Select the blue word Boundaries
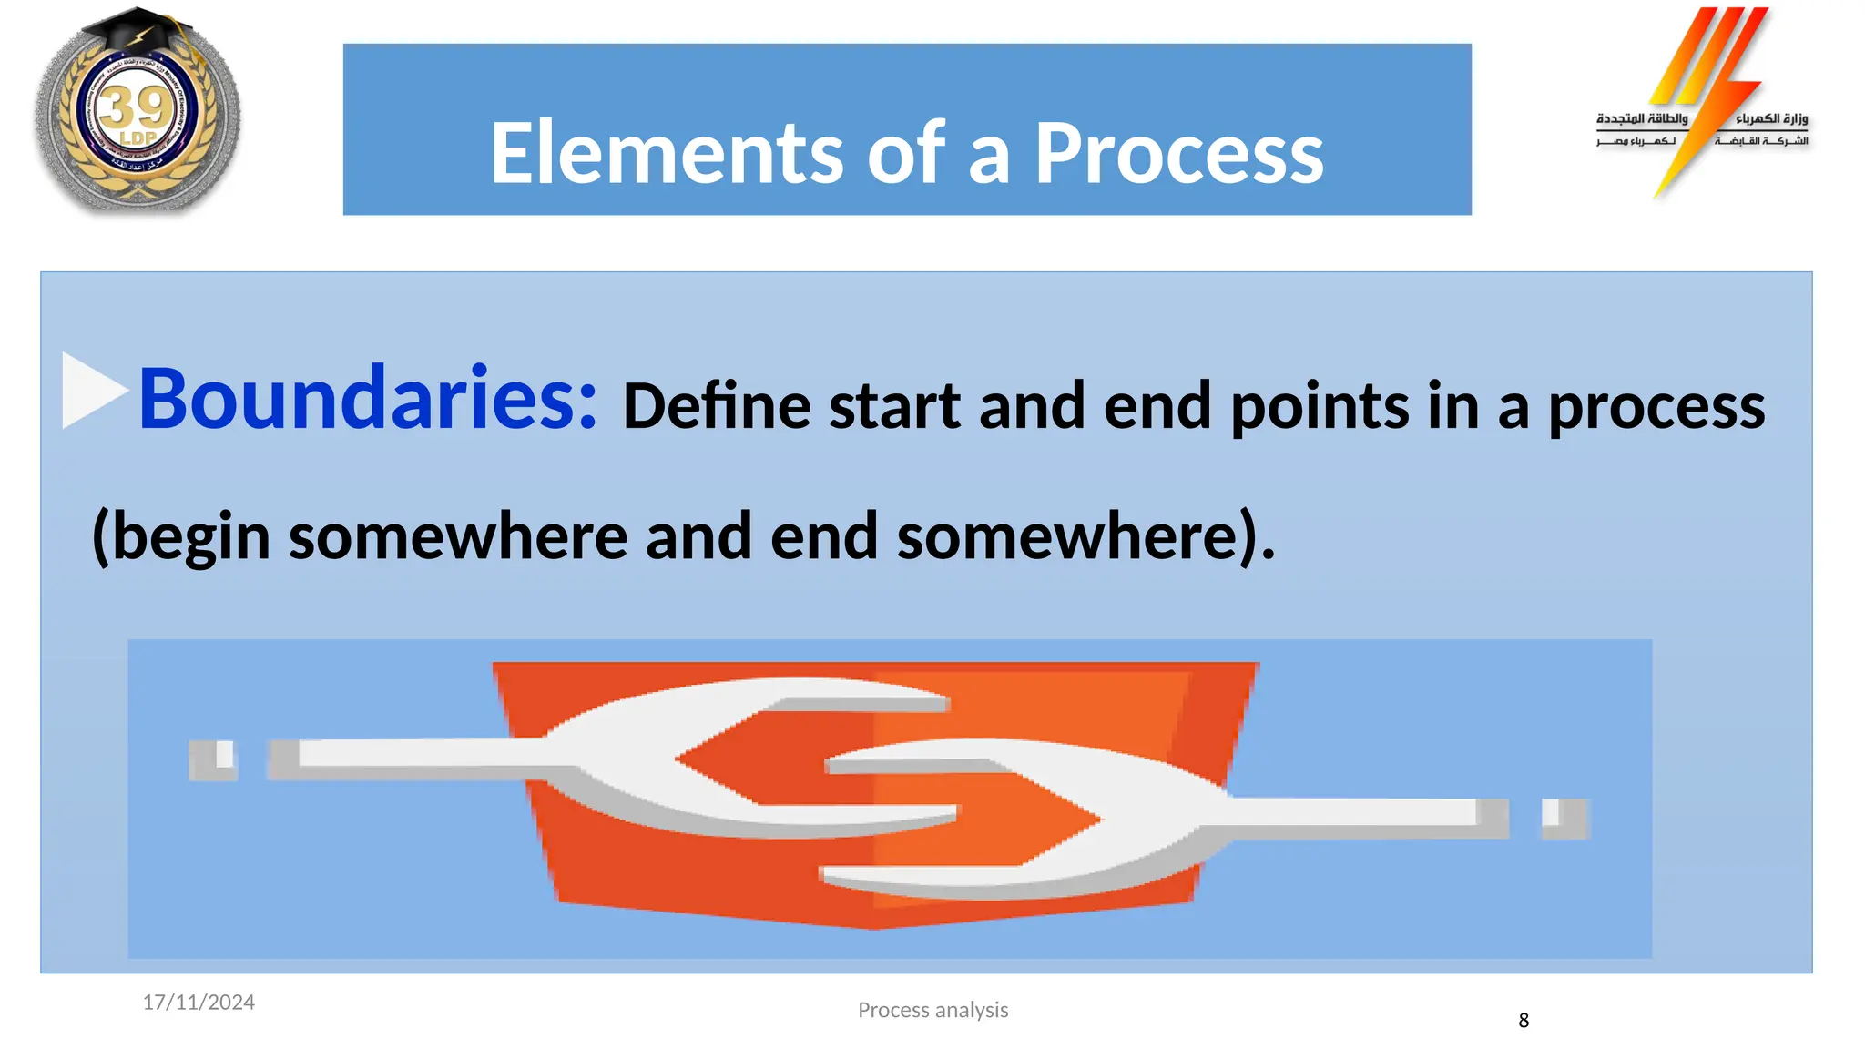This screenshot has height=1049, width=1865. pos(367,398)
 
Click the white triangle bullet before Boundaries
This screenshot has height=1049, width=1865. pos(91,390)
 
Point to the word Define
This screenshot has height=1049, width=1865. pos(716,406)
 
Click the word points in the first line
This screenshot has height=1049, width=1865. pos(1320,406)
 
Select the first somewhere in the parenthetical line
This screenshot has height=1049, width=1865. pos(458,537)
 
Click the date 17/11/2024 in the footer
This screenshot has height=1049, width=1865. pos(199,1002)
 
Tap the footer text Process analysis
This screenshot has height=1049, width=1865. pos(932,1010)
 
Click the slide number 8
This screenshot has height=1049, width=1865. pos(1524,1021)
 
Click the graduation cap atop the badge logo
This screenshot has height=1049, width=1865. pos(137,32)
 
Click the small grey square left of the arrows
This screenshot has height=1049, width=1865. pos(213,759)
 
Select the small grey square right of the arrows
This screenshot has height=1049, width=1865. pos(1564,818)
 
